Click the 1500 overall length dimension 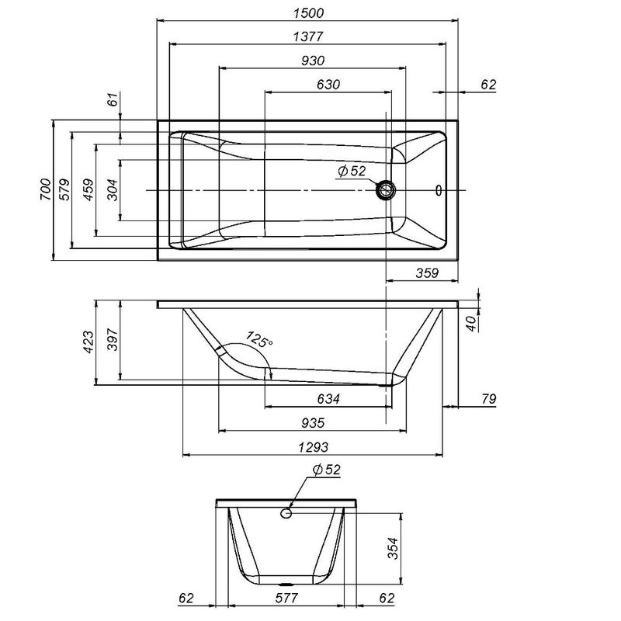[308, 12]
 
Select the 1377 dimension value [308, 36]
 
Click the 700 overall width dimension [45, 189]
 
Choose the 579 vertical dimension [66, 189]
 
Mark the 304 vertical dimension [113, 190]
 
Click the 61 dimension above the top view [113, 99]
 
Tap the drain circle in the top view [386, 189]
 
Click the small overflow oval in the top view [439, 189]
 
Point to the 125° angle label [259, 341]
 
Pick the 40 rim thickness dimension [470, 322]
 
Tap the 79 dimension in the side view [488, 399]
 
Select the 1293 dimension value [314, 447]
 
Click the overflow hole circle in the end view [287, 512]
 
